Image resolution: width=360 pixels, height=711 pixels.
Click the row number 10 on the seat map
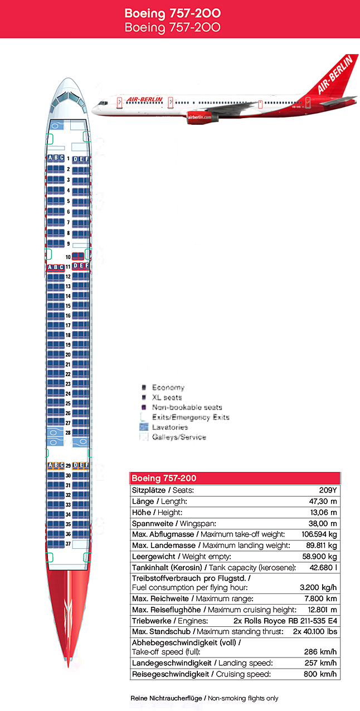pyautogui.click(x=67, y=257)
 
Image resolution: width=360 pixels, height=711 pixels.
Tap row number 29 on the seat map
pyautogui.click(x=68, y=465)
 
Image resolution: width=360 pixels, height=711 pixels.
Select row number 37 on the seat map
pyautogui.click(x=68, y=543)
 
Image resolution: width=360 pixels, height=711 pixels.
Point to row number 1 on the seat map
pyautogui.click(x=68, y=159)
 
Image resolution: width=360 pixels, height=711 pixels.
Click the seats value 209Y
pyautogui.click(x=328, y=490)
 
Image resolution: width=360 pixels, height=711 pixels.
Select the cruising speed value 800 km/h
pyautogui.click(x=319, y=674)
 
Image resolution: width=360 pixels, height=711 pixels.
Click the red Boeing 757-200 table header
pyautogui.click(x=235, y=479)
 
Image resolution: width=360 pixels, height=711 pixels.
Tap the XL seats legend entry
pyautogui.click(x=168, y=397)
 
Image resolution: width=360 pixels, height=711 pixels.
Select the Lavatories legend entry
pyautogui.click(x=170, y=427)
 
